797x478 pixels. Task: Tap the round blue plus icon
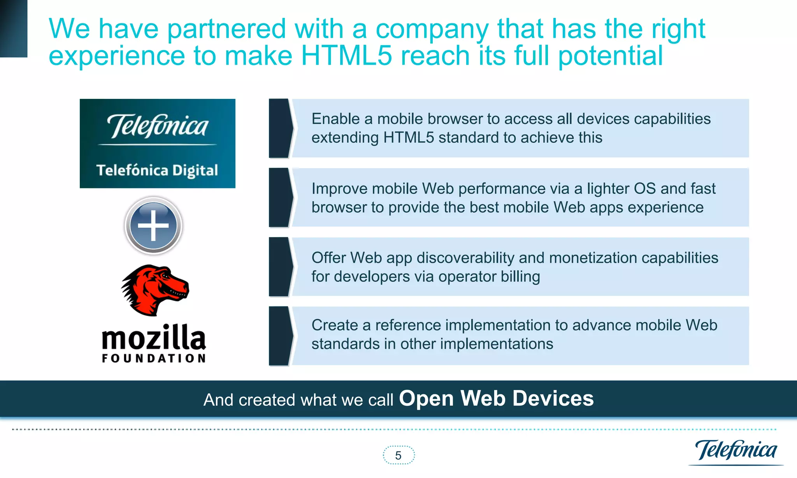click(x=153, y=225)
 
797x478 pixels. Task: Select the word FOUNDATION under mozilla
click(x=154, y=358)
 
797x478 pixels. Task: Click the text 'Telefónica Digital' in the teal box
click(x=157, y=170)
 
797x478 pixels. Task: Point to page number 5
click(x=398, y=455)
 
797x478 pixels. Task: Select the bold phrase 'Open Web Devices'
click(x=496, y=399)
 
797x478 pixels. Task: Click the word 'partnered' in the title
click(x=227, y=29)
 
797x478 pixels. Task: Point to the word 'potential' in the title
click(x=610, y=56)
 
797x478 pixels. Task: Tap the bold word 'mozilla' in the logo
click(x=154, y=337)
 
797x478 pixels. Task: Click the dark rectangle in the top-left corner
click(x=14, y=28)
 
